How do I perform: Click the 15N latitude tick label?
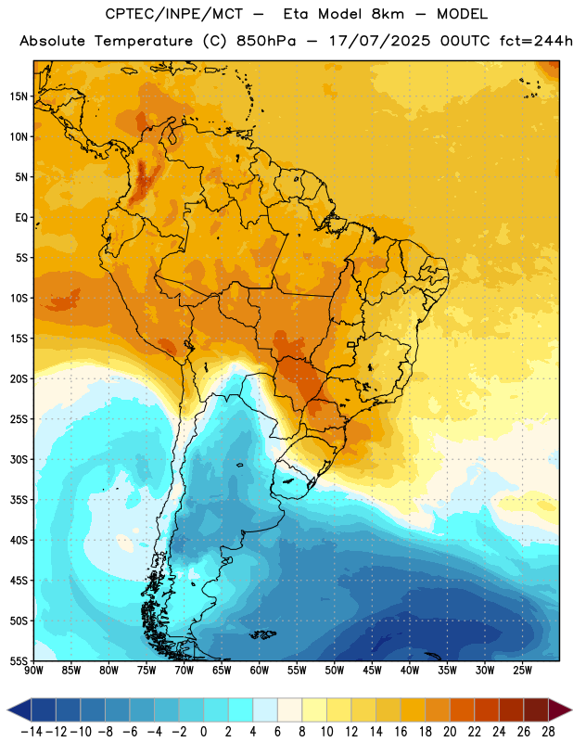click(19, 96)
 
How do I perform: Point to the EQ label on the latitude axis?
click(21, 218)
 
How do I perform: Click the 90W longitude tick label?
click(34, 671)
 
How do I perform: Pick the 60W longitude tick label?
click(260, 671)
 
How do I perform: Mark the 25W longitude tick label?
click(522, 671)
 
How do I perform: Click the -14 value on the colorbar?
click(32, 732)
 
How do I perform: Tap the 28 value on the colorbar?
click(548, 732)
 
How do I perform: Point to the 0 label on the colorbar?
click(204, 732)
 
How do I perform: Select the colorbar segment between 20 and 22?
click(463, 710)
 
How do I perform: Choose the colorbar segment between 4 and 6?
click(265, 710)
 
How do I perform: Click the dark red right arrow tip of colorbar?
click(570, 710)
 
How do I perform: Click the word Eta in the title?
click(296, 14)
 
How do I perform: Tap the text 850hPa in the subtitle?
click(266, 41)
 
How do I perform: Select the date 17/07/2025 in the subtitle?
click(380, 41)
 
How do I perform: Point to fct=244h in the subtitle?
click(536, 41)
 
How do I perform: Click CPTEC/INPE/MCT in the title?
click(174, 14)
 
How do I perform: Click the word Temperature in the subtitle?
click(144, 42)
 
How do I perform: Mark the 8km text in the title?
click(388, 14)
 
